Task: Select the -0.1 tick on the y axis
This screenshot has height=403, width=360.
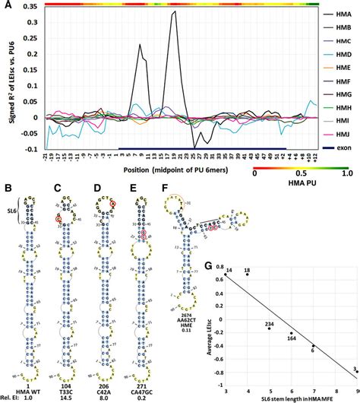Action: click(x=34, y=149)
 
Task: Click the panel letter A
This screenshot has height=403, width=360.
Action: click(x=6, y=6)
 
